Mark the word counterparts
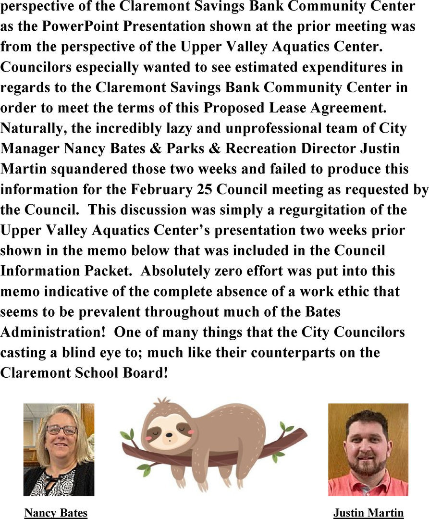292,352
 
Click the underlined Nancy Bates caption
56,513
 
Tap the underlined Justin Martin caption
368,513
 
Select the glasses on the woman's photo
61,430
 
